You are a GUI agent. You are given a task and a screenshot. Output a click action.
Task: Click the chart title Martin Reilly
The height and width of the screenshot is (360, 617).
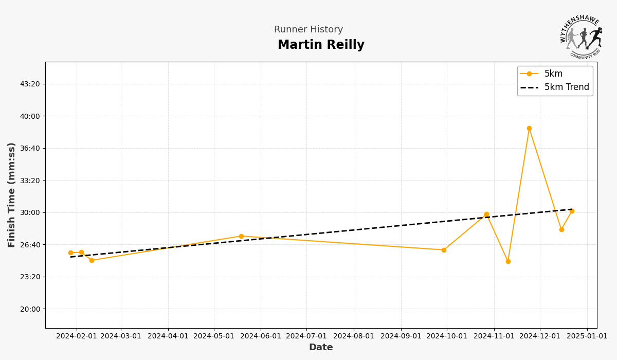[321, 45]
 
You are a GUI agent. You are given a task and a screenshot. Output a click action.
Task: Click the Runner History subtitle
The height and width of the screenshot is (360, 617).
[308, 30]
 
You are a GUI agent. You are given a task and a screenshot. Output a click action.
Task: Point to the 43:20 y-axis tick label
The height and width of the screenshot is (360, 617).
[30, 84]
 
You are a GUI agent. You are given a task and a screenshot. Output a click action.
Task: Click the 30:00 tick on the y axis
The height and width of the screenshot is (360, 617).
[30, 212]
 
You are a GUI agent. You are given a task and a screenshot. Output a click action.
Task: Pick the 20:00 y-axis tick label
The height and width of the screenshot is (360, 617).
[30, 309]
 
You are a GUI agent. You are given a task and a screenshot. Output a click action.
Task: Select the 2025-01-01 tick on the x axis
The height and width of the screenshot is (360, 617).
[588, 336]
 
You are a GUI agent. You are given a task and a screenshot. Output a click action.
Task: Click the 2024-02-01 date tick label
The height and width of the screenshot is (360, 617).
[77, 336]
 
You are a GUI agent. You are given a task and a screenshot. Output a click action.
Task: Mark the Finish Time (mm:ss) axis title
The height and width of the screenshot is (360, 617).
[12, 195]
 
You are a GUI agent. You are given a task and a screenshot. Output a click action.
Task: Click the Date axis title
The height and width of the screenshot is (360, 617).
[321, 348]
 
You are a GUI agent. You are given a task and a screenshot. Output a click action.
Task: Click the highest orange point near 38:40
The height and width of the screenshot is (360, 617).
[529, 129]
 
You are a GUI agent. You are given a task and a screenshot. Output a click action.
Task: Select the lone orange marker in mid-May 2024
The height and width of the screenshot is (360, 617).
[241, 237]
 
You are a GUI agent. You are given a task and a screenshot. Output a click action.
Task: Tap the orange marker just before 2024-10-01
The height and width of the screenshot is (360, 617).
[444, 250]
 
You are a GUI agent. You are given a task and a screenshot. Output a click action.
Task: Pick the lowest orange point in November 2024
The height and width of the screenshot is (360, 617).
[508, 261]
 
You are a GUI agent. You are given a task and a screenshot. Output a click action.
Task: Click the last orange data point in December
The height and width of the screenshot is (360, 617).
[572, 211]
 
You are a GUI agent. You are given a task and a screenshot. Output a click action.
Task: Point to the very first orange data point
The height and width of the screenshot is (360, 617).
[70, 253]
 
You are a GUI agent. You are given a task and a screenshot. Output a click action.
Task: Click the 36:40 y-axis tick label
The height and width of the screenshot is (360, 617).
[30, 148]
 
